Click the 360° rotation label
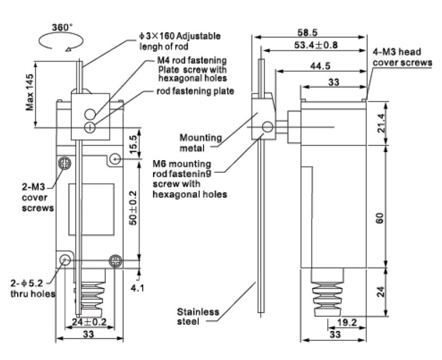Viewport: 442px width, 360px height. [62, 27]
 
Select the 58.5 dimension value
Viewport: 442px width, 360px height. [307, 32]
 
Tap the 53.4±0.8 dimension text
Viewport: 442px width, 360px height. [316, 45]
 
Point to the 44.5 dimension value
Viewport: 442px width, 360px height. [320, 66]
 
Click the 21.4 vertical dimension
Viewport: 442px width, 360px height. [381, 123]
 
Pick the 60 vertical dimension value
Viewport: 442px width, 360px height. [380, 218]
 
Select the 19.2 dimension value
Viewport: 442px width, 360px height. [347, 322]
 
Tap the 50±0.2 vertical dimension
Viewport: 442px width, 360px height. [133, 208]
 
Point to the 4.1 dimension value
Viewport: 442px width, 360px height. [137, 288]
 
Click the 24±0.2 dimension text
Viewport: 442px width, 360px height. [89, 322]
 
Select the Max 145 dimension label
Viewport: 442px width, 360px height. [30, 92]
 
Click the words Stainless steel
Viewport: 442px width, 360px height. [198, 317]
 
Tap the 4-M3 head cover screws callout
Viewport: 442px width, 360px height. [402, 57]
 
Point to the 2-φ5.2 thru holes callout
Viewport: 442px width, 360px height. [33, 288]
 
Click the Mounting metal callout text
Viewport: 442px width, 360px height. [201, 143]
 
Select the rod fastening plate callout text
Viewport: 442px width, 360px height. [195, 91]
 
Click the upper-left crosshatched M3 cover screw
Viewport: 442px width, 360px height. [65, 163]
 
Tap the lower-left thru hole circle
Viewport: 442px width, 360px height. [65, 260]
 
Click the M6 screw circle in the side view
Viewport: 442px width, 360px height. [267, 127]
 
